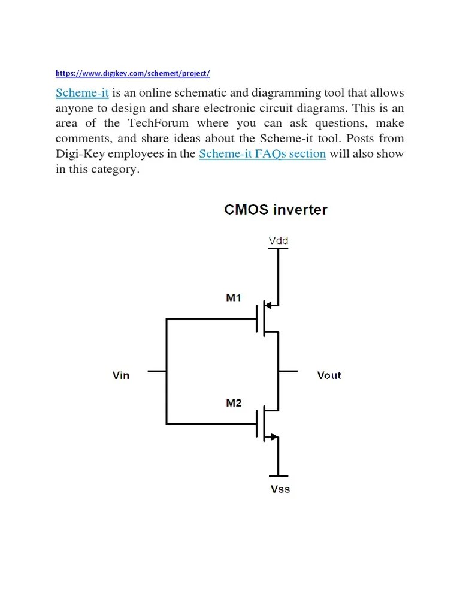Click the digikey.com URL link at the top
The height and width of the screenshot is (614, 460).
pos(132,74)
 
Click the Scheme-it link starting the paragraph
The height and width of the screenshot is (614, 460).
pos(82,93)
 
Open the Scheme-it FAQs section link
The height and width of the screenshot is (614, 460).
pos(262,154)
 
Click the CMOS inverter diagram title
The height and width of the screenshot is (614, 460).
pos(276,210)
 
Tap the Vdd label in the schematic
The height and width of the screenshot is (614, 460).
pos(278,241)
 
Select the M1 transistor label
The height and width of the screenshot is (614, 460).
pos(234,297)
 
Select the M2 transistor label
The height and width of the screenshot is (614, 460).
pos(234,403)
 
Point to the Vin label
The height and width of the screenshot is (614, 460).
pos(121,375)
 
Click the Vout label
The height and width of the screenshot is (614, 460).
pos(329,375)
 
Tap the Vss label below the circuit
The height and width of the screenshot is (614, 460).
pos(280,489)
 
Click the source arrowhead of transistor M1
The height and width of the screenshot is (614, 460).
pos(270,306)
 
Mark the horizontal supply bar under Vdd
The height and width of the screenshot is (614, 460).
pos(278,249)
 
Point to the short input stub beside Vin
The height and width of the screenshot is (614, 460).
pos(156,371)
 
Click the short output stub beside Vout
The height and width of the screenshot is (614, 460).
pos(288,371)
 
